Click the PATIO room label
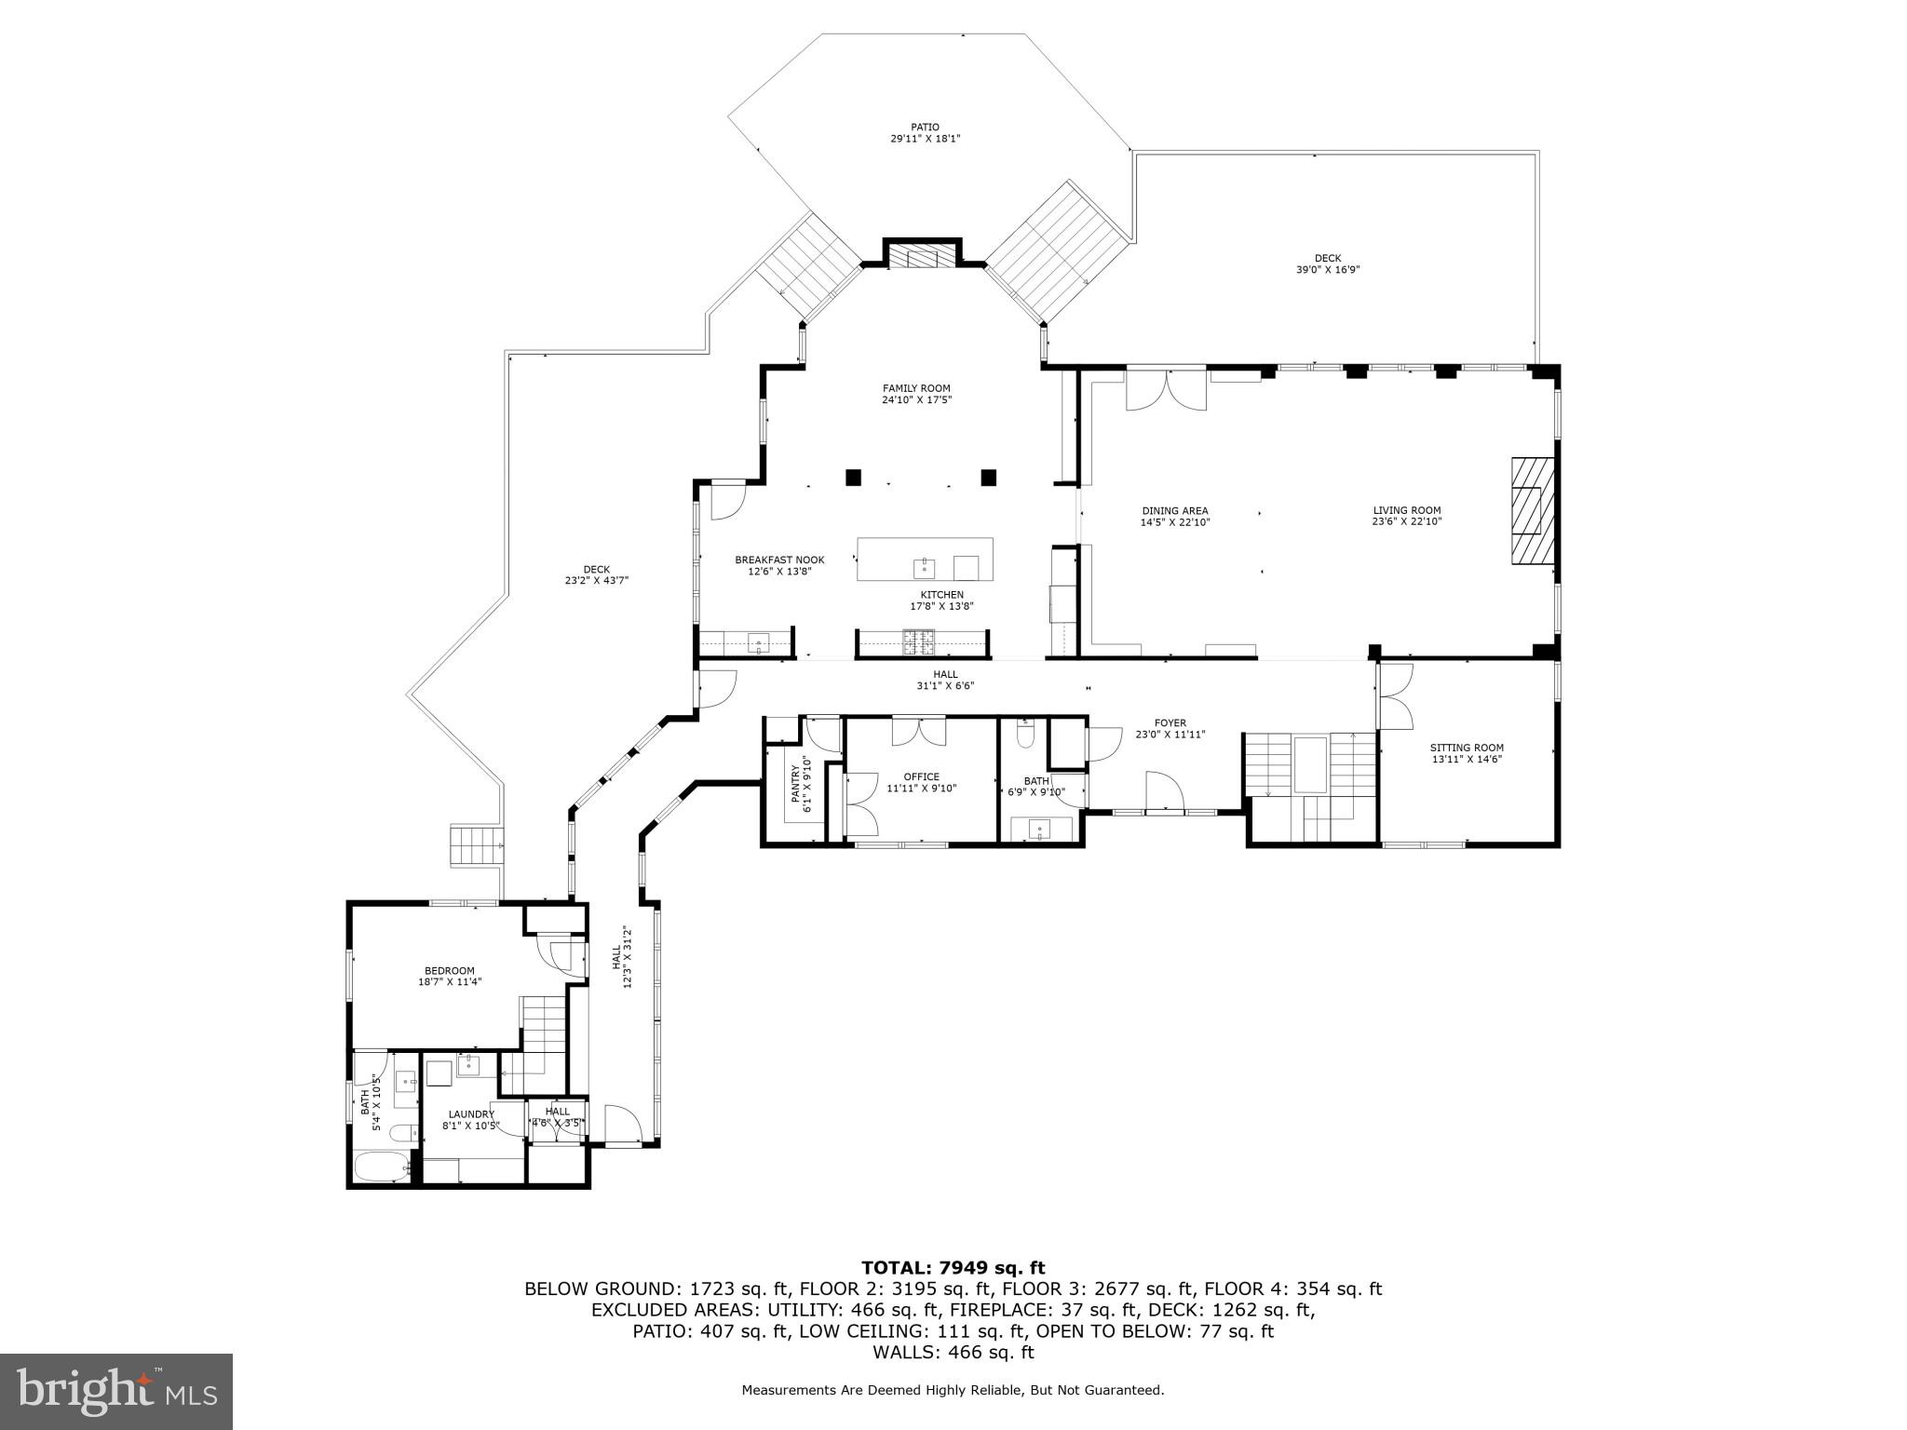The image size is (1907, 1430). (x=925, y=128)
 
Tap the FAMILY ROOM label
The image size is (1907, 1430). (x=916, y=388)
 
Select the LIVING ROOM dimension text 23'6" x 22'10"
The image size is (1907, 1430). (x=1406, y=522)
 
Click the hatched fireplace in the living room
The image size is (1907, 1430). (x=1532, y=511)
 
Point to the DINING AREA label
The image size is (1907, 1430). (x=1174, y=510)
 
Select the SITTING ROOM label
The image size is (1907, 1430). (x=1467, y=748)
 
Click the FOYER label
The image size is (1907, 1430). (x=1170, y=722)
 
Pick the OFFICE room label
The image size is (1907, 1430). (x=921, y=776)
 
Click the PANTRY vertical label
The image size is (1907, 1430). (x=796, y=784)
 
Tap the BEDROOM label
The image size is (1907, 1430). (x=449, y=970)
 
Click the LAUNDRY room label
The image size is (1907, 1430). (x=470, y=1113)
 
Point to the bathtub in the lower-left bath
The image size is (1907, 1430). (x=382, y=1167)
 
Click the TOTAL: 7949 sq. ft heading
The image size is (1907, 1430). (x=953, y=1268)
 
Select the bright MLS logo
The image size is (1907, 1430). (x=116, y=1391)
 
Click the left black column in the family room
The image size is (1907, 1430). (x=853, y=478)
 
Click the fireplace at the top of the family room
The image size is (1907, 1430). (x=922, y=256)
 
